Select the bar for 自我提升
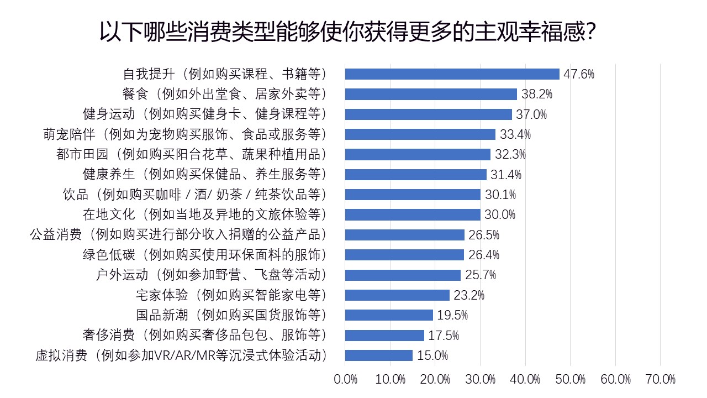[452, 74]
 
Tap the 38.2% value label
[536, 95]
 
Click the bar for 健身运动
[428, 114]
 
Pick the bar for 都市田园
[418, 154]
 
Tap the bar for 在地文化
[413, 214]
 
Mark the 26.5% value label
[484, 235]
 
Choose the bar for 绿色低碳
[404, 255]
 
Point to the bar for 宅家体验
[397, 295]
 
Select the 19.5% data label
[452, 315]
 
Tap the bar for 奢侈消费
[384, 336]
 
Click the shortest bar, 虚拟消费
[379, 355]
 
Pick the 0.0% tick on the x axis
[346, 379]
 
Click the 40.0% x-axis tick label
[525, 379]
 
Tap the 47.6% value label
[579, 74]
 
